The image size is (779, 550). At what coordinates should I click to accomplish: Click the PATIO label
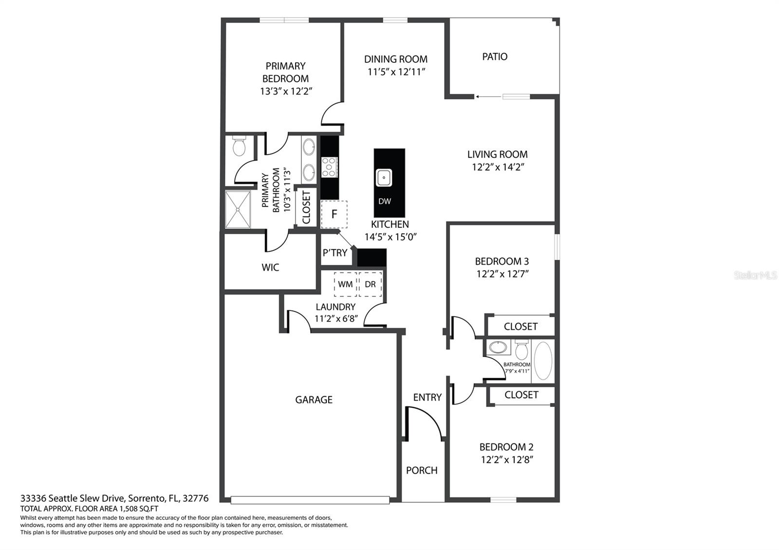(x=495, y=56)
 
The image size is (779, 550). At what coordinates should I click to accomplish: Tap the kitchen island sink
(x=384, y=178)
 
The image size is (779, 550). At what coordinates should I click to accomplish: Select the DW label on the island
(x=385, y=201)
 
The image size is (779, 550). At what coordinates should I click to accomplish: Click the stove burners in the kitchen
(x=330, y=167)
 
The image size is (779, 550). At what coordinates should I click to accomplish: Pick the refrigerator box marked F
(x=334, y=214)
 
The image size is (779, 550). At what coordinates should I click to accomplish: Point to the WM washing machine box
(x=345, y=284)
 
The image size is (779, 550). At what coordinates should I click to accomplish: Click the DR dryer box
(x=370, y=284)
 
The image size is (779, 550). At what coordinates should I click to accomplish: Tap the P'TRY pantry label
(x=335, y=253)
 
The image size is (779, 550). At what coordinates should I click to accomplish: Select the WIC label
(x=270, y=267)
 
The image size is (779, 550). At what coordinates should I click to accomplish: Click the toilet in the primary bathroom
(x=239, y=146)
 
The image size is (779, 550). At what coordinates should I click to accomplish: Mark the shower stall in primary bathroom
(x=238, y=209)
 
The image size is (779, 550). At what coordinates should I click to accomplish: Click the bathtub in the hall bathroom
(x=543, y=361)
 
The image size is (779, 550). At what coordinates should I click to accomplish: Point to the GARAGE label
(x=314, y=400)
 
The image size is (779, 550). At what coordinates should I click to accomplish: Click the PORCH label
(x=422, y=470)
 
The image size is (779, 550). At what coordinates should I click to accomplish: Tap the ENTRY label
(x=427, y=397)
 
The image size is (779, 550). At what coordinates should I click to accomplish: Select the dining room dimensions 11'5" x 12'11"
(x=396, y=72)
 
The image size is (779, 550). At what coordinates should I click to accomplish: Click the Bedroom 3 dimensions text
(x=502, y=274)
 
